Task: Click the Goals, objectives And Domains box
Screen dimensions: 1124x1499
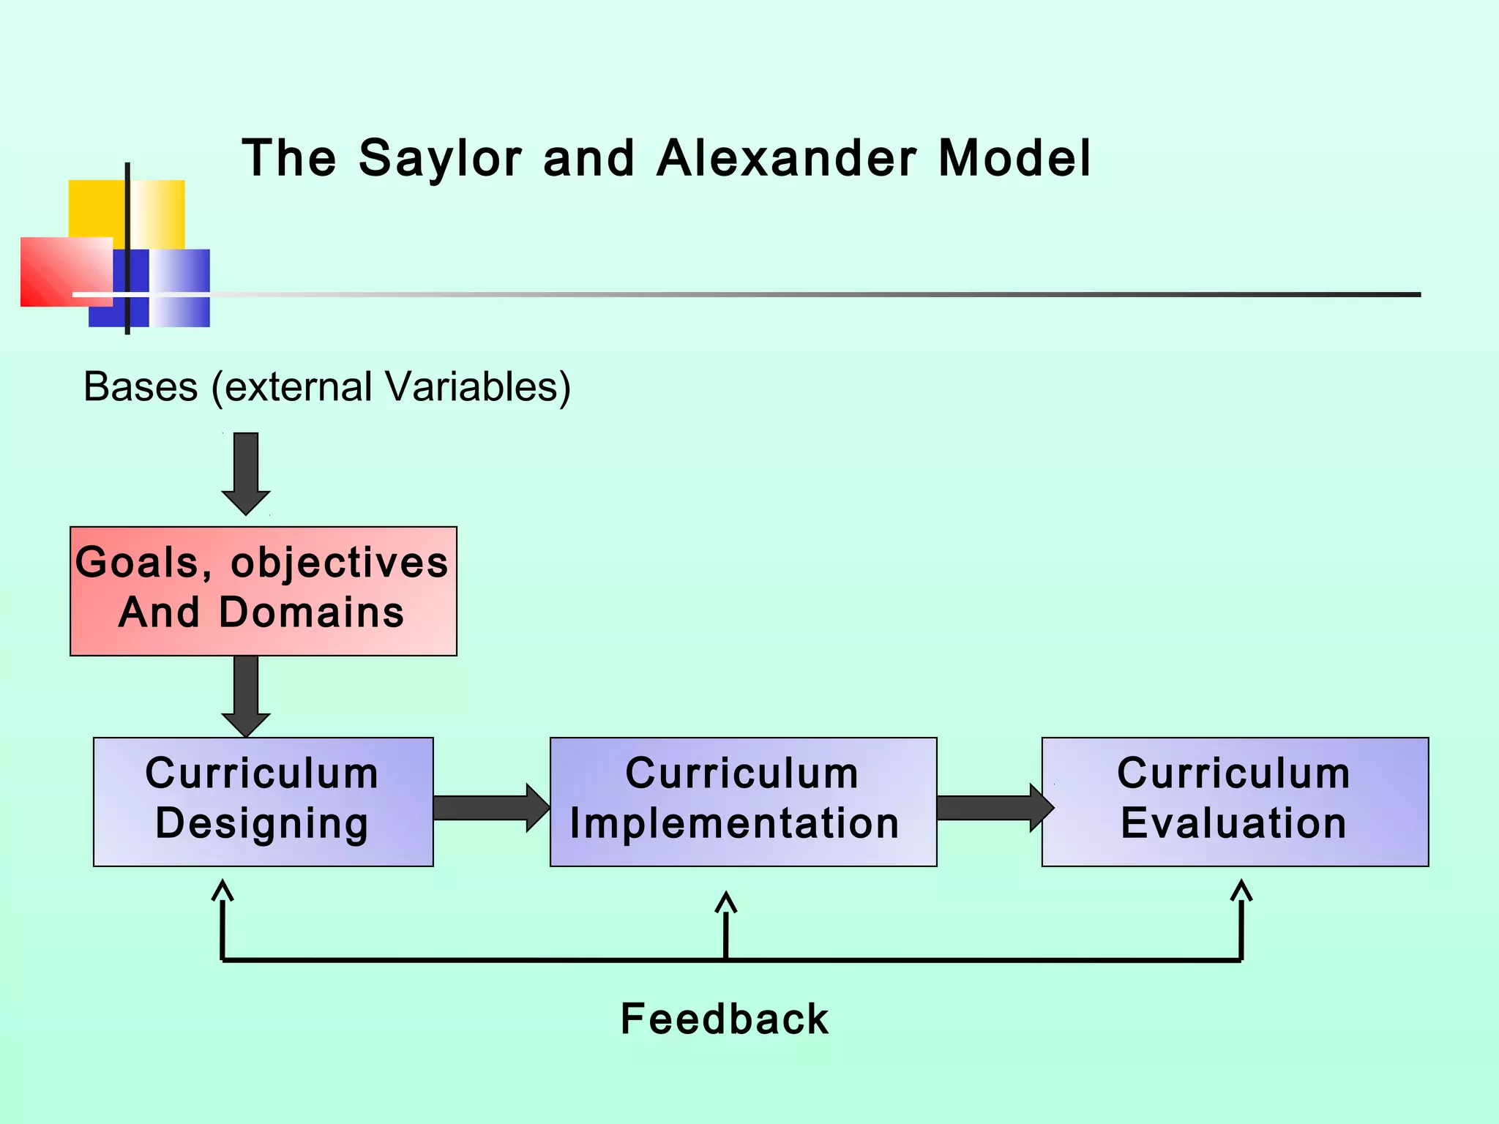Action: pyautogui.click(x=263, y=591)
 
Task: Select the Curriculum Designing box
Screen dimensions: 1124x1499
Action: pyautogui.click(x=263, y=801)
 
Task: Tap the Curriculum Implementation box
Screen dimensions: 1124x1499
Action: pyautogui.click(x=743, y=801)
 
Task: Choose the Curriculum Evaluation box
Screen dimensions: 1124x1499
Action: pyautogui.click(x=1235, y=801)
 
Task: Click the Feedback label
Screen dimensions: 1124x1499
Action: pyautogui.click(x=725, y=1019)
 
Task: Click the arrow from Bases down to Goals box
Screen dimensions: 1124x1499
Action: pyautogui.click(x=246, y=472)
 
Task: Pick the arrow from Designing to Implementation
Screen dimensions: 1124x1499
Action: pyautogui.click(x=490, y=808)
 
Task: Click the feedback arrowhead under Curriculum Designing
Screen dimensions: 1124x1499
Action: pyautogui.click(x=223, y=890)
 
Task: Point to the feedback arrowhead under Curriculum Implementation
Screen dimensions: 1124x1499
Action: pyautogui.click(x=725, y=902)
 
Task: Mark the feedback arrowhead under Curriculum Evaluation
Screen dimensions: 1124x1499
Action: pyautogui.click(x=1241, y=890)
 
